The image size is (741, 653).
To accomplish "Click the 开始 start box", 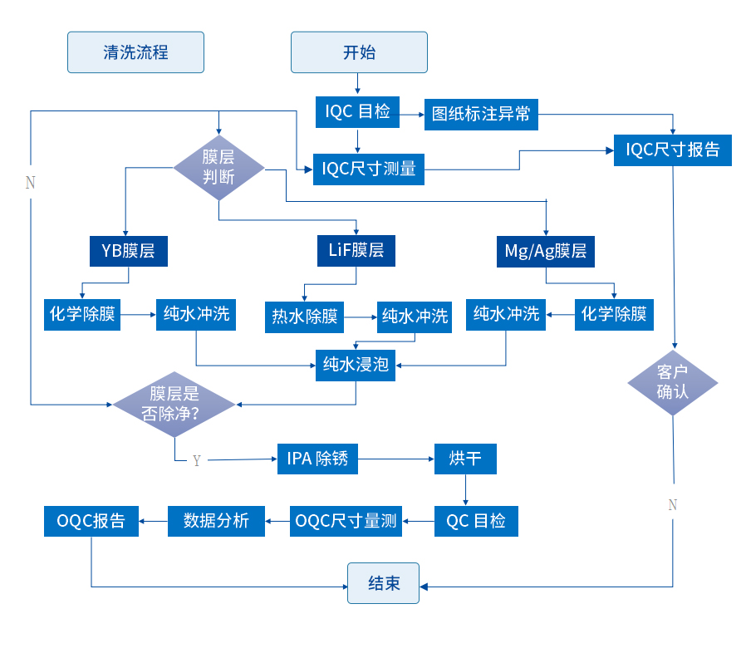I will tap(359, 52).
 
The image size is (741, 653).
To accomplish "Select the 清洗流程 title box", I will tap(135, 52).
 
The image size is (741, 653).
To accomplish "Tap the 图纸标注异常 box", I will tap(481, 114).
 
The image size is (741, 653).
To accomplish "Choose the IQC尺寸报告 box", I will tap(673, 150).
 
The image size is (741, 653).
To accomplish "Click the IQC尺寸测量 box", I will tap(369, 169).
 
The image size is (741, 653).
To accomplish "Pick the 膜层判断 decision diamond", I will tap(218, 165).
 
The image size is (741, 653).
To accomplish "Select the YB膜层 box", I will tap(129, 250).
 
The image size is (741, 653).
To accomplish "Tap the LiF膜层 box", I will tap(356, 250).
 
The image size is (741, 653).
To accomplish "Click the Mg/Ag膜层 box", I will tap(546, 251).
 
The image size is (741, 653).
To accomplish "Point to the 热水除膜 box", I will tap(305, 317).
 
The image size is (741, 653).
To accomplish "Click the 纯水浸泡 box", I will tap(356, 365).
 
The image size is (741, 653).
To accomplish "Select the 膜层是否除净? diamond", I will tap(174, 404).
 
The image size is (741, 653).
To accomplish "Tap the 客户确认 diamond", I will tap(672, 383).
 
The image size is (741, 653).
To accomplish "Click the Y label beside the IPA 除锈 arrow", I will tap(197, 460).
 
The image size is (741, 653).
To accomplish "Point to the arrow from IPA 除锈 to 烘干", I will tap(396, 459).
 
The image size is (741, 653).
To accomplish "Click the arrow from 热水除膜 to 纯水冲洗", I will tap(361, 317).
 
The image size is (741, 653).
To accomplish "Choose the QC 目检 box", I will tap(476, 521).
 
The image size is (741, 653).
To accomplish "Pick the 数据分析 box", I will tap(216, 521).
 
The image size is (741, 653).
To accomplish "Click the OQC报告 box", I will tap(91, 521).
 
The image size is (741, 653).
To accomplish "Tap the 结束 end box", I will tap(383, 583).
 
